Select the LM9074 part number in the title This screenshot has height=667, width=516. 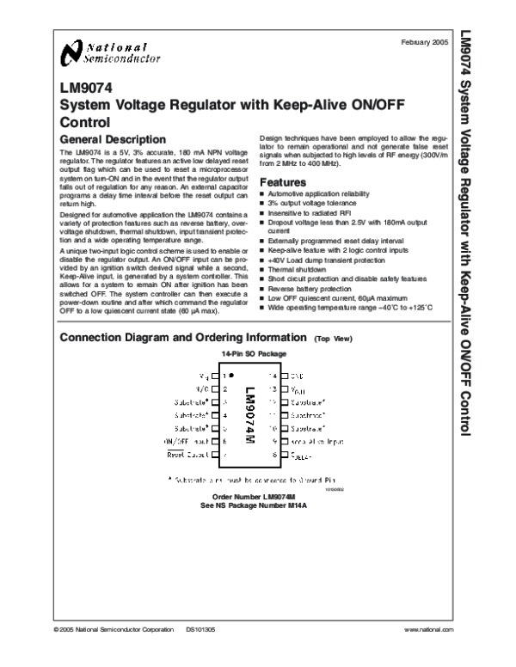point(83,87)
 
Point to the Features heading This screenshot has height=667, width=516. point(282,183)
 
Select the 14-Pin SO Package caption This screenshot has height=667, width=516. point(254,354)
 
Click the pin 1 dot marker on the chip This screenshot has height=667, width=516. point(232,376)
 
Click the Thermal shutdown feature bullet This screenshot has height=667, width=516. point(293,267)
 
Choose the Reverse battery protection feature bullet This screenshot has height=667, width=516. point(307,290)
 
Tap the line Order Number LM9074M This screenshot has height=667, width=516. point(254,498)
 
